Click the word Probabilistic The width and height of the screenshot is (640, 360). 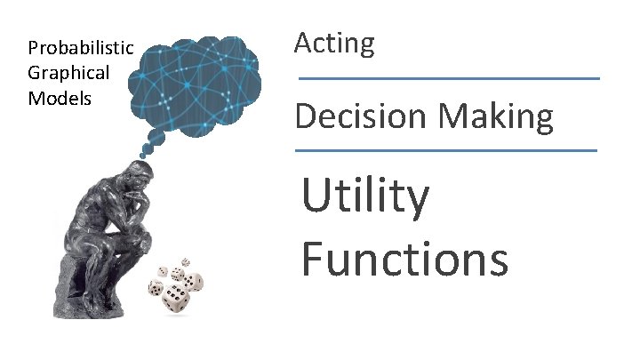(81, 48)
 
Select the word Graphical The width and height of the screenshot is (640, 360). (68, 73)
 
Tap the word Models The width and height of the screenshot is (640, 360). (60, 98)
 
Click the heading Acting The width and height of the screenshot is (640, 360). (334, 43)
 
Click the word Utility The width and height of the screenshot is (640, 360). (365, 198)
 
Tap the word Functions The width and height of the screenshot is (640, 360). (404, 260)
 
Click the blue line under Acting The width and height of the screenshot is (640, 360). (449, 79)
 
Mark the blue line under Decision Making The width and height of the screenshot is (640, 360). (446, 150)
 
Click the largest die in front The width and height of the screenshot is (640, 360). (174, 300)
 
